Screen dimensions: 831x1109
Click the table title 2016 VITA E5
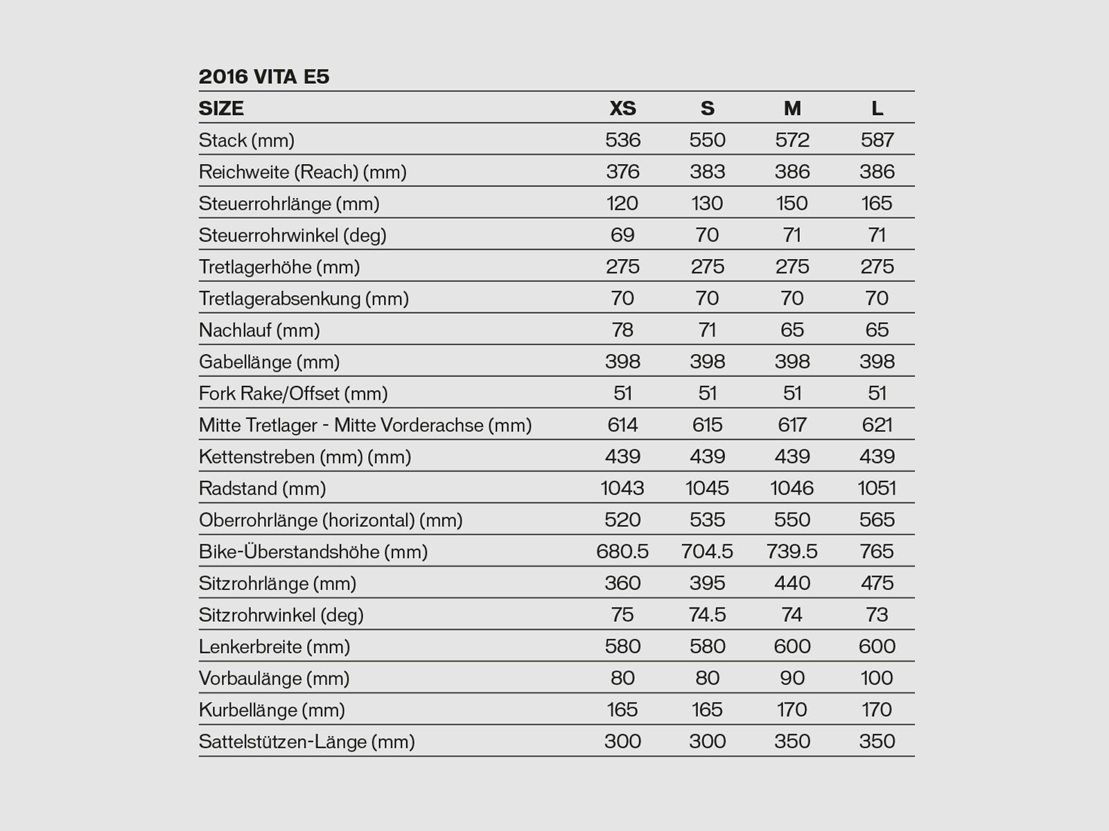click(x=264, y=76)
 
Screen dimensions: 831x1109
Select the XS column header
click(x=622, y=108)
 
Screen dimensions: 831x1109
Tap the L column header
click(x=877, y=108)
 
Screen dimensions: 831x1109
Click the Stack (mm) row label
click(x=247, y=140)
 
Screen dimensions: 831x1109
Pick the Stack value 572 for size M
click(x=792, y=140)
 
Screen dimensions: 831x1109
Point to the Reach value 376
click(x=622, y=172)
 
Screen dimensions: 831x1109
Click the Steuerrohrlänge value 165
click(x=877, y=204)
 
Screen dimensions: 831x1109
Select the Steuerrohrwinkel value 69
click(x=622, y=235)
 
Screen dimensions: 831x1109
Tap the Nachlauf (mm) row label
click(x=259, y=330)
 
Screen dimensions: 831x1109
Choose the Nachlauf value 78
click(x=622, y=330)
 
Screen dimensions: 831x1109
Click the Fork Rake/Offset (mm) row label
click(x=293, y=393)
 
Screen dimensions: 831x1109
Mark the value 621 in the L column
click(x=877, y=425)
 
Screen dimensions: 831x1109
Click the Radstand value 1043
click(x=622, y=488)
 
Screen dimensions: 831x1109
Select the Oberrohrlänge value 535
click(x=707, y=520)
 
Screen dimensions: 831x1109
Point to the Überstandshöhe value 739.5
click(x=792, y=551)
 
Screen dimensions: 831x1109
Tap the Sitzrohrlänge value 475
click(x=877, y=583)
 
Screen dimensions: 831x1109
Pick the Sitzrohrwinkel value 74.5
click(x=707, y=615)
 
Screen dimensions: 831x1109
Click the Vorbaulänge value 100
click(x=877, y=678)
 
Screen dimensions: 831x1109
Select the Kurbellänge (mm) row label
click(x=272, y=710)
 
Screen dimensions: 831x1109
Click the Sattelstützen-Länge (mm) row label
click(x=306, y=742)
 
